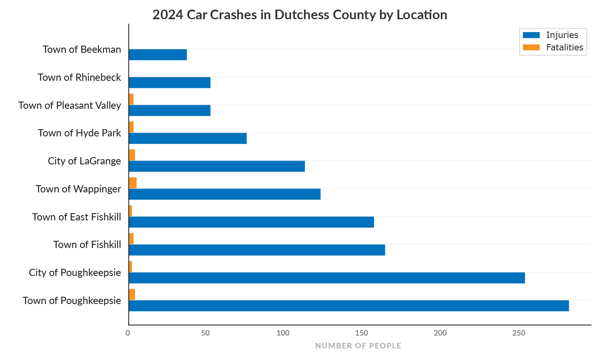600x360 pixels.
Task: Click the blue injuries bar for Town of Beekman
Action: tap(158, 55)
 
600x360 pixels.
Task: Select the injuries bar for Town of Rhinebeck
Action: tap(170, 83)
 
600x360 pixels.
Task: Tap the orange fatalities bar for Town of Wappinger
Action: tap(133, 183)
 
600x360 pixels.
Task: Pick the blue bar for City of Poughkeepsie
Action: tap(327, 278)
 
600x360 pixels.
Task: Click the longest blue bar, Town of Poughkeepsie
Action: tap(349, 306)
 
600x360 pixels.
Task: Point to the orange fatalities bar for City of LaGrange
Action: tap(132, 155)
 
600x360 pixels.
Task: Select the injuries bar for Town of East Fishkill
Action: tap(251, 222)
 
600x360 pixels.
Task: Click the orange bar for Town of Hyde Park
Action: tap(131, 127)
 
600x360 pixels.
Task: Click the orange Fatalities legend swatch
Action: tap(531, 47)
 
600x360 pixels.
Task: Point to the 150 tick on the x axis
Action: tap(362, 333)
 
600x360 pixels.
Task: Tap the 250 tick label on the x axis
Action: tap(519, 333)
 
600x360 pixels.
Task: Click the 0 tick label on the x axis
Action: tap(128, 333)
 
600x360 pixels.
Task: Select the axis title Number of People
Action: tap(358, 346)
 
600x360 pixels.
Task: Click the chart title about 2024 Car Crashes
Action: tap(300, 15)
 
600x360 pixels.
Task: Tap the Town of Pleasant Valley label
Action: tap(70, 105)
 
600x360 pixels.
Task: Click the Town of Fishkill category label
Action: tap(87, 244)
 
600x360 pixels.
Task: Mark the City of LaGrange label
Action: tap(84, 161)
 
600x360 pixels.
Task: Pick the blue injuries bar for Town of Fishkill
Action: tap(257, 250)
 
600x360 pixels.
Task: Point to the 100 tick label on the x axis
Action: tap(283, 333)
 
